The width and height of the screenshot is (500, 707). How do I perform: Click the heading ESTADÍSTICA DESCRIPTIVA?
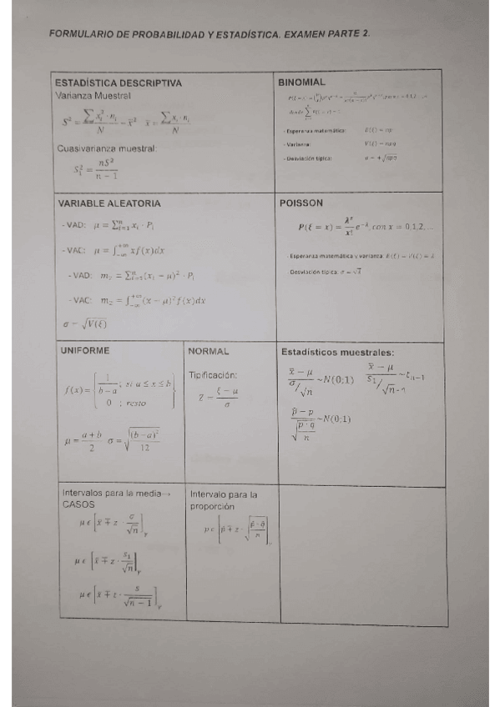click(119, 83)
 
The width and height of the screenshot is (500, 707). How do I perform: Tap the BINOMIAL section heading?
click(301, 82)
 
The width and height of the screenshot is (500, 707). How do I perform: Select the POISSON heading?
click(302, 203)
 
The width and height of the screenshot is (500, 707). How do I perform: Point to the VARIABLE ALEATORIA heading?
click(109, 203)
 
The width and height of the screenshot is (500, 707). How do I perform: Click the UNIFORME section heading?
click(86, 351)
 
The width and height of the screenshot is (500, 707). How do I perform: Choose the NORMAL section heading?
click(209, 352)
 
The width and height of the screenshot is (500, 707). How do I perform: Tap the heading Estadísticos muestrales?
click(338, 352)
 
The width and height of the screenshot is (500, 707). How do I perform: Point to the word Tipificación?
click(214, 375)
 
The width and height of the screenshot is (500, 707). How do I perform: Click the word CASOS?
click(78, 504)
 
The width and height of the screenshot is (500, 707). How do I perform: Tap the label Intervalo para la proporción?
click(224, 499)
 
